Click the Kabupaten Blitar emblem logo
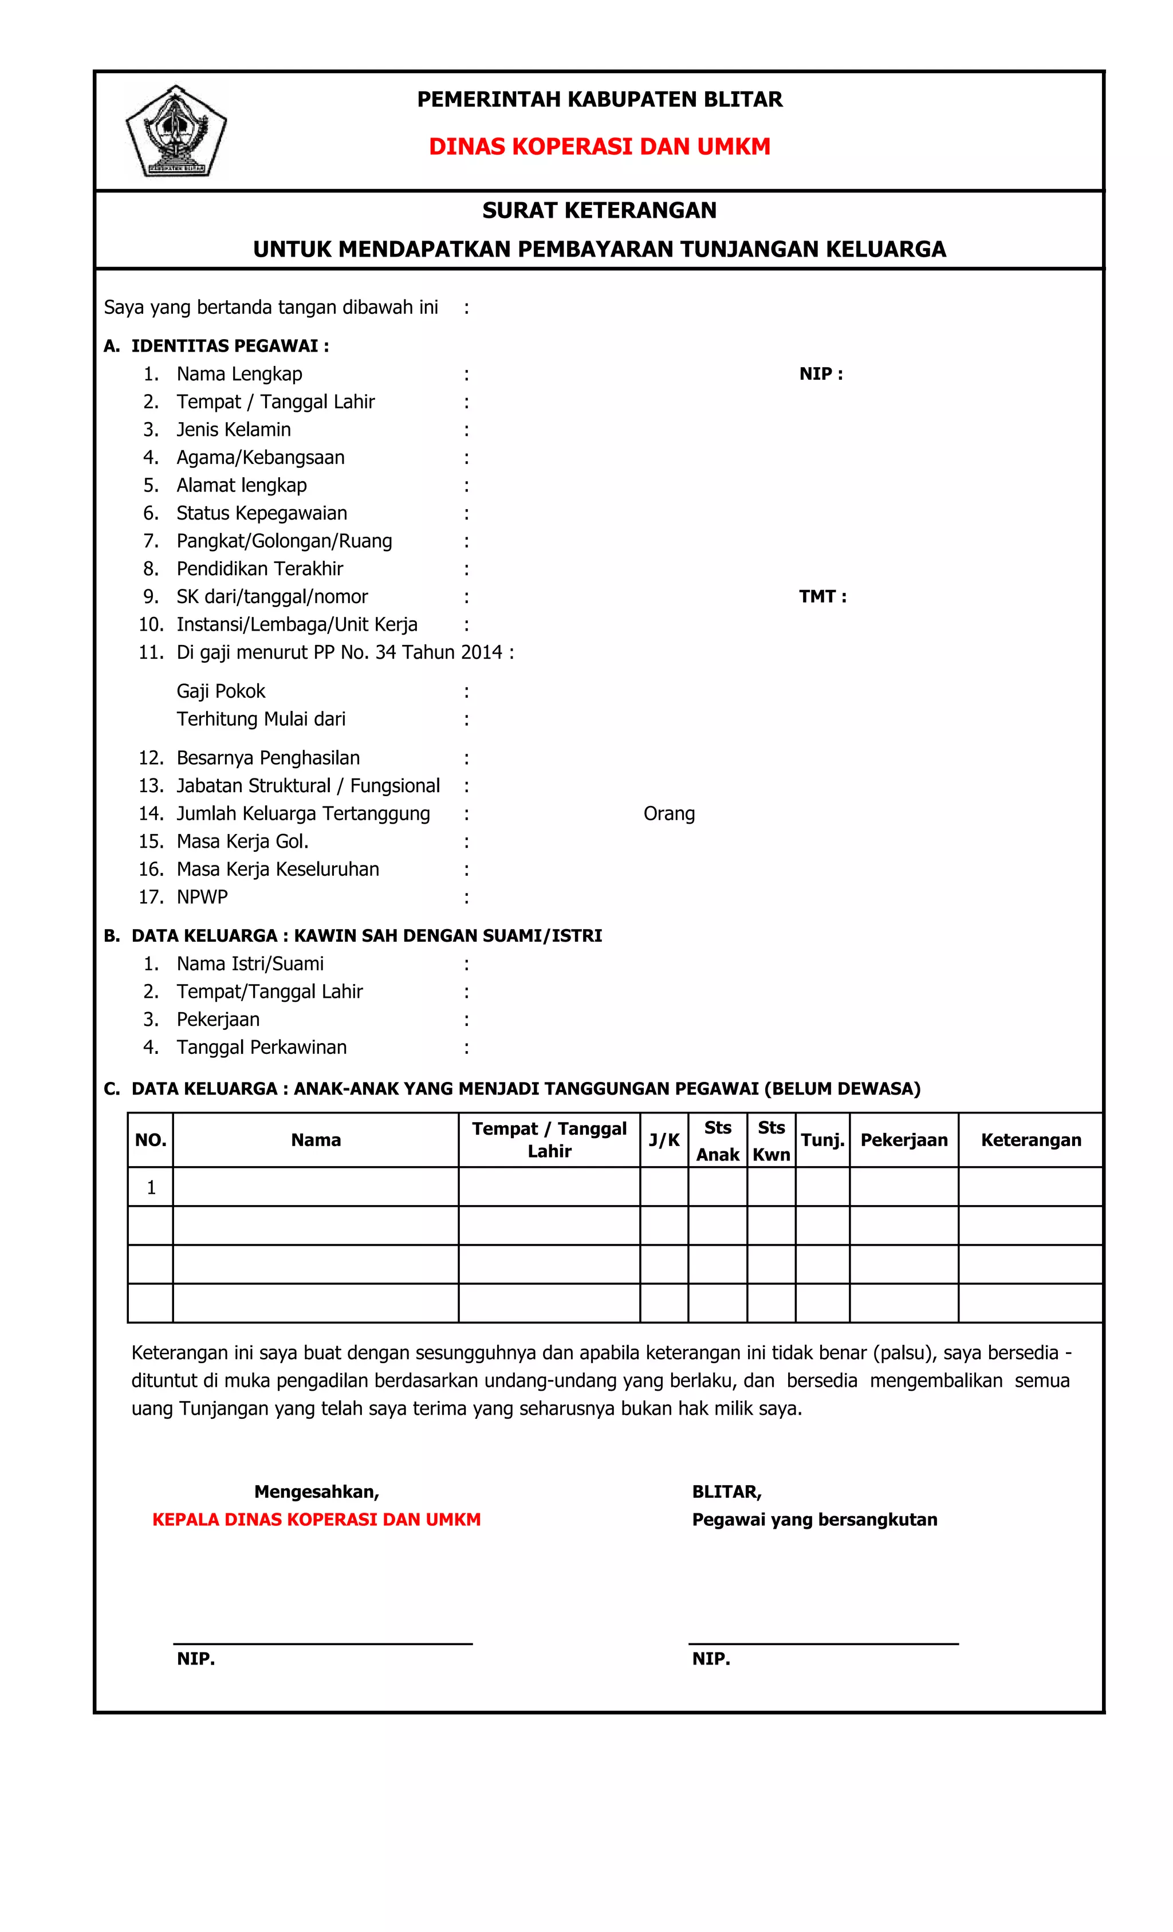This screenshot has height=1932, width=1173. (176, 131)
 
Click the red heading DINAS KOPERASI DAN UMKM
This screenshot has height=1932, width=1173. (599, 147)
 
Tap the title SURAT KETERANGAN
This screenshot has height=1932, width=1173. (599, 210)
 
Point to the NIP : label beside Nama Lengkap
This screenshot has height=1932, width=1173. (820, 374)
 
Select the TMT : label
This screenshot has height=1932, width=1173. (822, 597)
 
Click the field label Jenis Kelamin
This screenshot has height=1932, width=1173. (233, 430)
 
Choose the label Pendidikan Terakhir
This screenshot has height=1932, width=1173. (259, 568)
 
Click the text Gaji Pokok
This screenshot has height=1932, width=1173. (221, 691)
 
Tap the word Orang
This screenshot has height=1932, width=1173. (669, 814)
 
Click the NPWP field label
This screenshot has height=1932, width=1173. (202, 897)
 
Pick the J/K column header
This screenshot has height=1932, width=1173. (663, 1140)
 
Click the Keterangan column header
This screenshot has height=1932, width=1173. (1030, 1140)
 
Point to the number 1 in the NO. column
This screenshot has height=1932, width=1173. (151, 1188)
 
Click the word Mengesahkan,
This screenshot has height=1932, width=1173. (316, 1492)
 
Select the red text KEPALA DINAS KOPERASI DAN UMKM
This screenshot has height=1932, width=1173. (316, 1520)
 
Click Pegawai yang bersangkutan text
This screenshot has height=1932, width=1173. (814, 1520)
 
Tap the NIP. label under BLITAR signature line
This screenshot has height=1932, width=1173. (710, 1658)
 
